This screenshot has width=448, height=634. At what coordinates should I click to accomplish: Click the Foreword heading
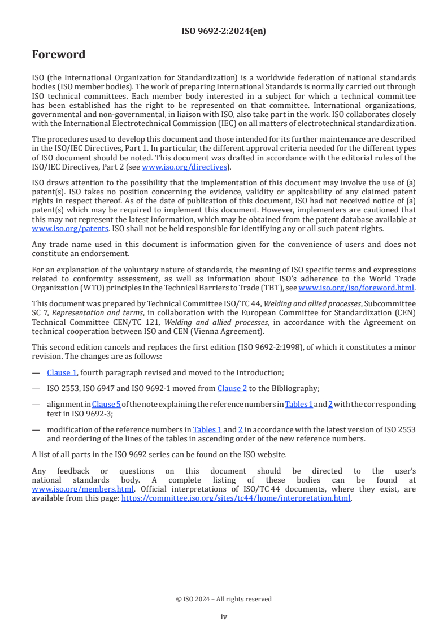[59, 55]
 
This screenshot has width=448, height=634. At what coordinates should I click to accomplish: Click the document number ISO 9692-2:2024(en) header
[224, 31]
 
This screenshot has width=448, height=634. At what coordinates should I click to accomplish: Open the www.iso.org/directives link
[184, 167]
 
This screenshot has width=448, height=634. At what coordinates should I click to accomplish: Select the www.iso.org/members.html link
[82, 489]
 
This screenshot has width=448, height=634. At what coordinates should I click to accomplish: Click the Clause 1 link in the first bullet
[62, 372]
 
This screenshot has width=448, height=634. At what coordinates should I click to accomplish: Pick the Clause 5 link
[103, 404]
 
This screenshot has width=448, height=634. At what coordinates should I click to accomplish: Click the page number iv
[224, 616]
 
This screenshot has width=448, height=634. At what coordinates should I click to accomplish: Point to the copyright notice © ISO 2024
[224, 599]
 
